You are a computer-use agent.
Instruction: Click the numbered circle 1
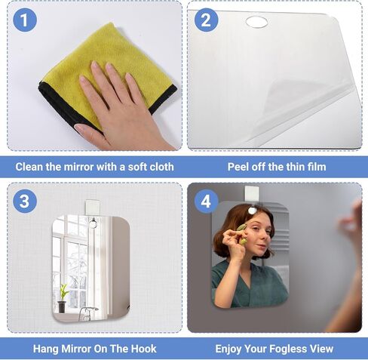click(x=25, y=20)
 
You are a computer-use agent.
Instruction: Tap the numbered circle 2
click(x=206, y=20)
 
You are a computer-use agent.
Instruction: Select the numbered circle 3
click(x=25, y=202)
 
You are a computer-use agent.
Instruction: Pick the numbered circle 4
click(x=206, y=202)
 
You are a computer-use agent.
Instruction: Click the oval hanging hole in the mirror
click(x=256, y=22)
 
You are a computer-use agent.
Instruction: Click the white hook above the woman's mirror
click(x=252, y=195)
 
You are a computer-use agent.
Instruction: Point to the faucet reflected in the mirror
click(x=87, y=311)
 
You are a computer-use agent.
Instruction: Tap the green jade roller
click(x=241, y=226)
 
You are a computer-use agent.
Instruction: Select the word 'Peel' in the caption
click(x=241, y=166)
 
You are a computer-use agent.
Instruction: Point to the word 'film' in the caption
click(x=313, y=166)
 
